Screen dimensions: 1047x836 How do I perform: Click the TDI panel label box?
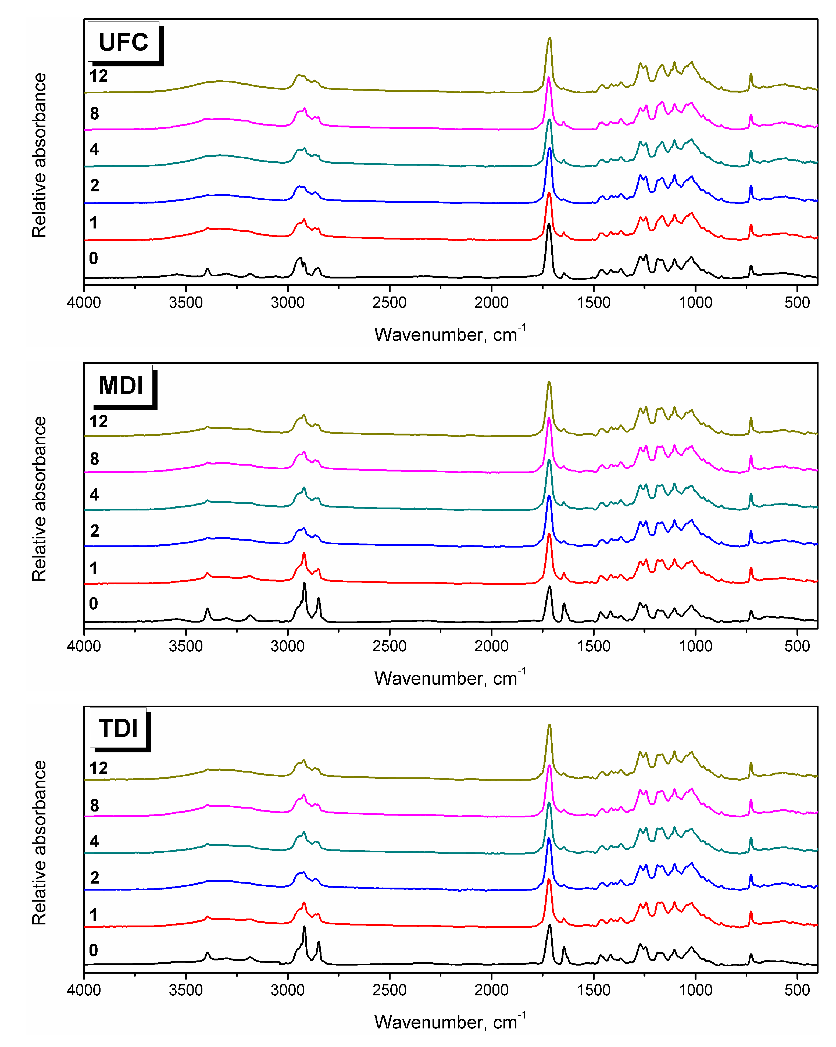[x=118, y=728]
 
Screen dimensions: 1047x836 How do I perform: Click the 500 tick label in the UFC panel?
[x=797, y=303]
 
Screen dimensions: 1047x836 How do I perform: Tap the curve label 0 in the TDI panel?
[x=93, y=950]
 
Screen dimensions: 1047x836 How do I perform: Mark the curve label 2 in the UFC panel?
[x=94, y=185]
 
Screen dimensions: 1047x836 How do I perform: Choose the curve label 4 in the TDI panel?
[x=94, y=841]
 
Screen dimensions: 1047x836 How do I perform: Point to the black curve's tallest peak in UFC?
[x=548, y=224]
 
